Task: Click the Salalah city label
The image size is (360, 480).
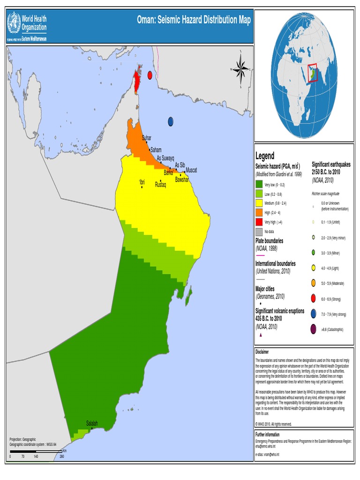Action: [x=92, y=423]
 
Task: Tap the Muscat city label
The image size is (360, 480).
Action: [x=191, y=170]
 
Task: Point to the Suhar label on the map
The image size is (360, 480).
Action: [x=147, y=138]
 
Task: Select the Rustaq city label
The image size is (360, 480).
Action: [x=160, y=185]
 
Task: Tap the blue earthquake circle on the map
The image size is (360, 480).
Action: [x=171, y=121]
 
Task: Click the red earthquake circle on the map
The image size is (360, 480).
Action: [x=150, y=75]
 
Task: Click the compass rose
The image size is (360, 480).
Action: [x=241, y=70]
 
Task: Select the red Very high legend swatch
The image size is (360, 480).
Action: [x=259, y=222]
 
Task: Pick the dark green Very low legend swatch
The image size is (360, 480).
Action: [x=259, y=185]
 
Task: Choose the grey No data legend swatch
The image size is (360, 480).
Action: [x=259, y=232]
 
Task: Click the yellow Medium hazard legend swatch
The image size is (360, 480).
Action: [x=259, y=203]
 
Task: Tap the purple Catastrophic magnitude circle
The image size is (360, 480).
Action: [x=313, y=330]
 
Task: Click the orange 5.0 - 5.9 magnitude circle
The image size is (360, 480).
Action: [x=313, y=283]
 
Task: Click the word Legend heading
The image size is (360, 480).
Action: [x=265, y=156]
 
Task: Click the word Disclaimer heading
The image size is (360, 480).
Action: [x=262, y=352]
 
